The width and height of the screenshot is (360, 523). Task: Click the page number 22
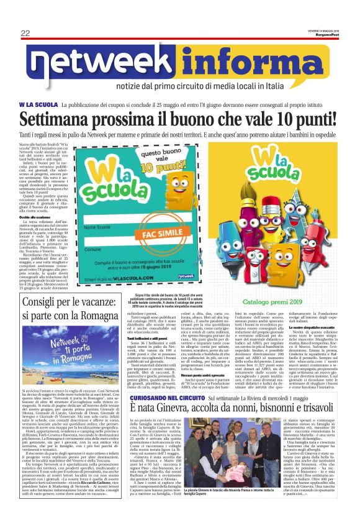(x=25, y=33)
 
